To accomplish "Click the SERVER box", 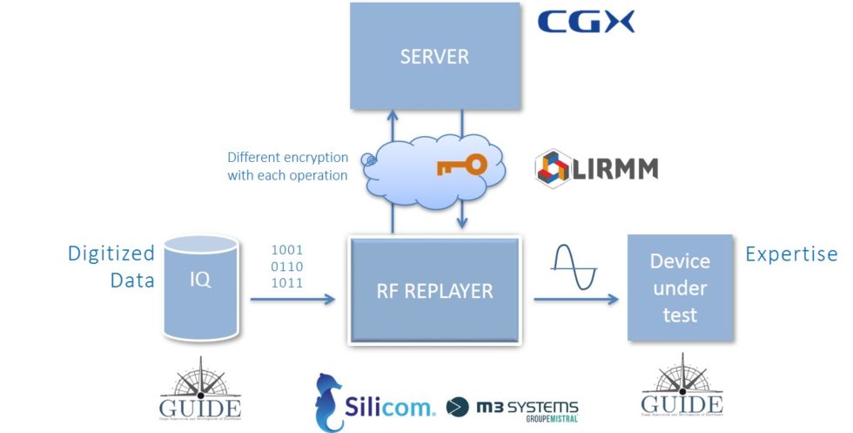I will point(434,58).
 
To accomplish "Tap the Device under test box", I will point(680,287).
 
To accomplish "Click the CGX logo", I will point(586,22).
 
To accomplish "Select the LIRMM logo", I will point(596,167).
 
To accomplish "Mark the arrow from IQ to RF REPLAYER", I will point(292,300).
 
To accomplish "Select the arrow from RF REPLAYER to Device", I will point(575,300).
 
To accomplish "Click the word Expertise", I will point(791,254).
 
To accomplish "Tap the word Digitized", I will point(111,254).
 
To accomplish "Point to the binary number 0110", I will point(288,267).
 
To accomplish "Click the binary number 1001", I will point(288,250).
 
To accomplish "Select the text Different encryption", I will point(287,158).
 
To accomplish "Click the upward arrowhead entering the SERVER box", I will point(393,116).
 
